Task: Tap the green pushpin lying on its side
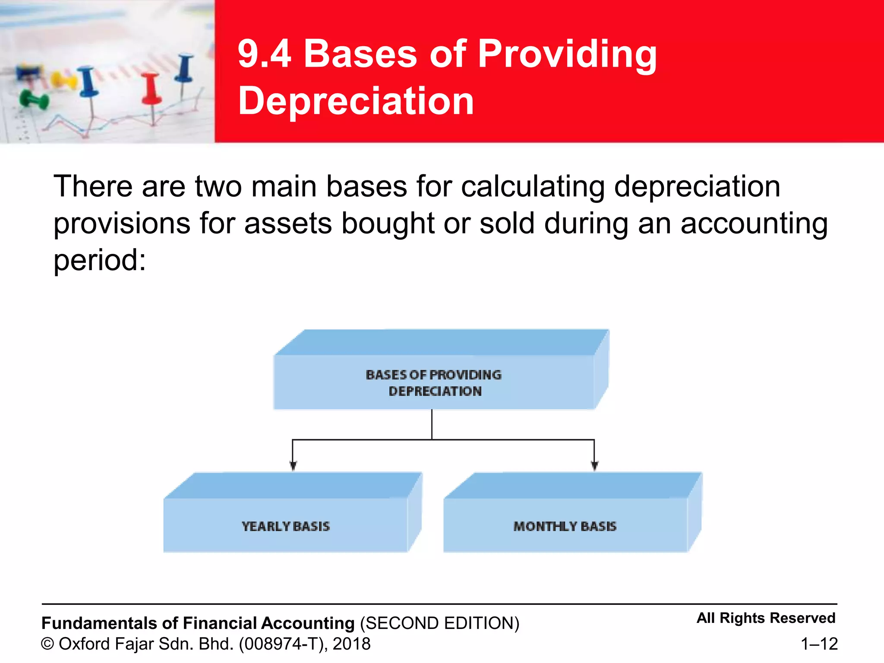tap(34, 100)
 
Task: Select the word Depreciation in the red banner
tap(356, 101)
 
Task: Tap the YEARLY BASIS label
tap(285, 526)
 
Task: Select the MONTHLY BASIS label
tap(565, 526)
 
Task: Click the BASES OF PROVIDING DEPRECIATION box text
tap(434, 383)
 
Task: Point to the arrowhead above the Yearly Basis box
tap(293, 465)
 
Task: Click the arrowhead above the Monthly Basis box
tap(594, 465)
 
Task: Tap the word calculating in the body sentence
tap(533, 186)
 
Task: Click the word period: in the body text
tap(100, 261)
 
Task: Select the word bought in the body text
tap(388, 224)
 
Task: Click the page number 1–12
tap(819, 644)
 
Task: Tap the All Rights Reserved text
tap(766, 618)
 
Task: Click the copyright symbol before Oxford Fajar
tap(47, 644)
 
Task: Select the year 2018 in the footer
tap(351, 644)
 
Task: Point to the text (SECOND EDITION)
tap(439, 623)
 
